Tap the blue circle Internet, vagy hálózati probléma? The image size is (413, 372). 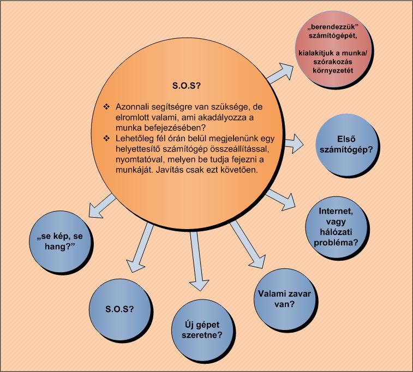336,227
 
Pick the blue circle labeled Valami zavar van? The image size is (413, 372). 284,298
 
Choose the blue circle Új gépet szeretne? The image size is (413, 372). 202,330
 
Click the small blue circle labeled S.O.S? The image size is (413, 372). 120,309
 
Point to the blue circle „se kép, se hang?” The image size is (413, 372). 60,241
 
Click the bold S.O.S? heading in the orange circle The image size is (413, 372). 186,86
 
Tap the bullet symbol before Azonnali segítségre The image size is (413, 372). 106,106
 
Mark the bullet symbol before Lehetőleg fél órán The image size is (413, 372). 106,138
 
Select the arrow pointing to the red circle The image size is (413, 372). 280,73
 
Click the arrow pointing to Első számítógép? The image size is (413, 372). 294,144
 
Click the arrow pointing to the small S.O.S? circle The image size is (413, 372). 140,248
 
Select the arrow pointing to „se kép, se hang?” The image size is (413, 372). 102,206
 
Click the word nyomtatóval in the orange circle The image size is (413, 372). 137,159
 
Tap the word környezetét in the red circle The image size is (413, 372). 333,70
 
